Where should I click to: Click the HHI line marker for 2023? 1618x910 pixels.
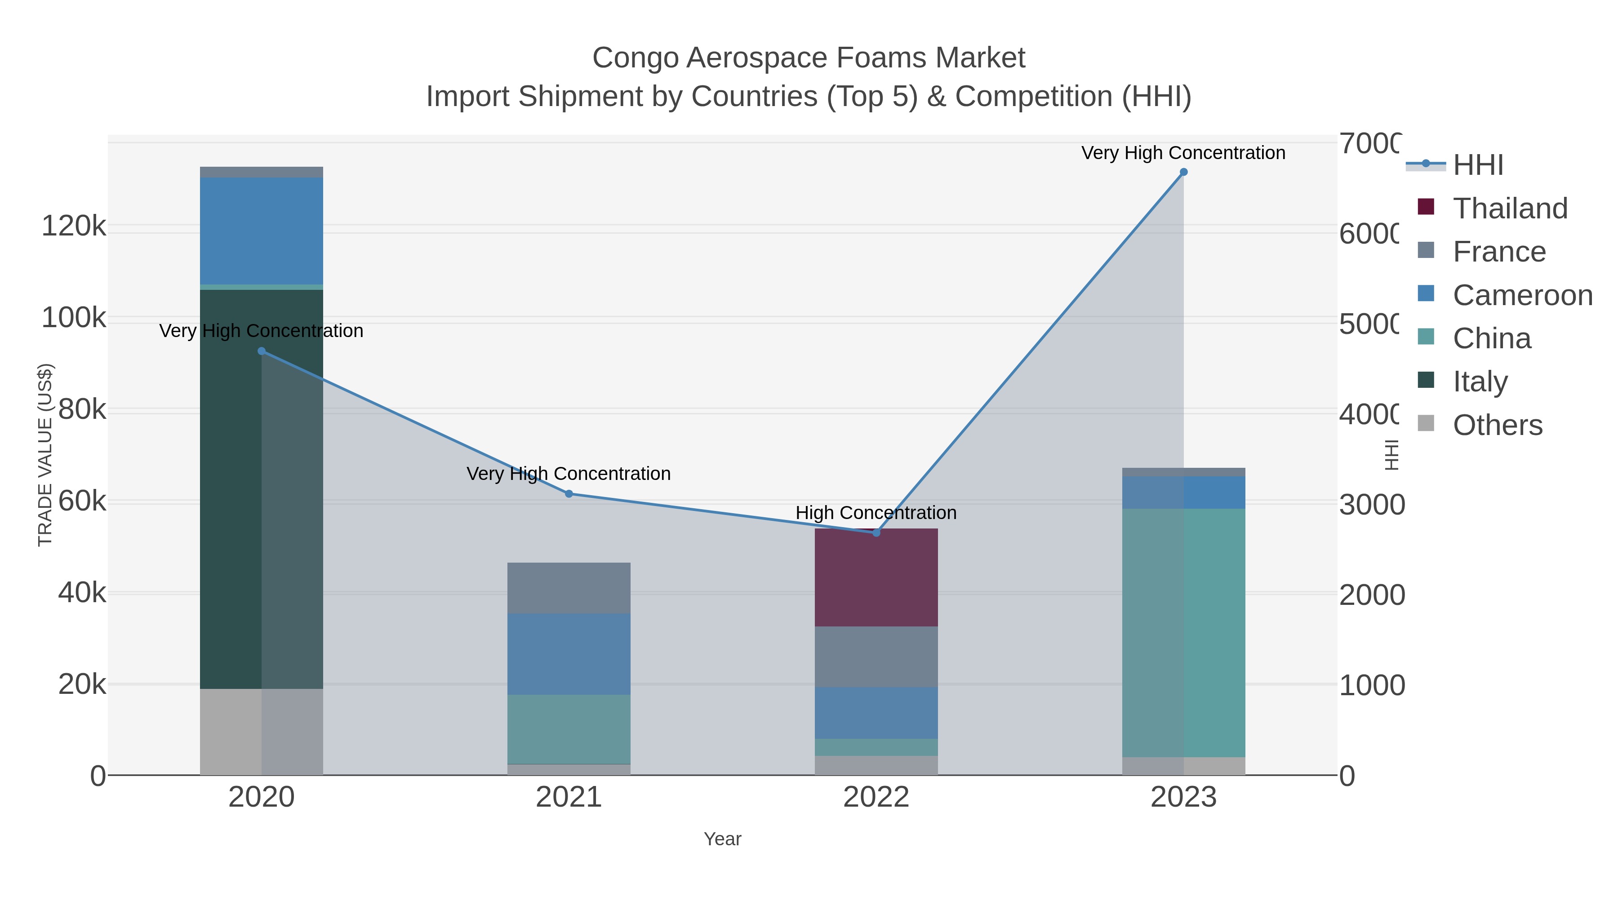pyautogui.click(x=1183, y=172)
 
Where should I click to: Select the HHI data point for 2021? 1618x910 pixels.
pyautogui.click(x=569, y=493)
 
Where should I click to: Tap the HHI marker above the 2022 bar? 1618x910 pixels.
pyautogui.click(x=876, y=533)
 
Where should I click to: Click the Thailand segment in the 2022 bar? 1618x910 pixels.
pyautogui.click(x=876, y=578)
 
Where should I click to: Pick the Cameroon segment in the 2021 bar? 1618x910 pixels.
pyautogui.click(x=569, y=654)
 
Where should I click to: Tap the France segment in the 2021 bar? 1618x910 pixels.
pyautogui.click(x=569, y=588)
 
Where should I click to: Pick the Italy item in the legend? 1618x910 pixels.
pyautogui.click(x=1480, y=381)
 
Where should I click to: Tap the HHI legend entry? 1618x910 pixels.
pyautogui.click(x=1477, y=165)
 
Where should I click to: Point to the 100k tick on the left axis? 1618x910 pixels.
pyautogui.click(x=74, y=318)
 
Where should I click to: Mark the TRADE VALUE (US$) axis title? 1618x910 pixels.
pyautogui.click(x=45, y=455)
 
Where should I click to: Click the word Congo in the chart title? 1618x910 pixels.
pyautogui.click(x=635, y=58)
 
